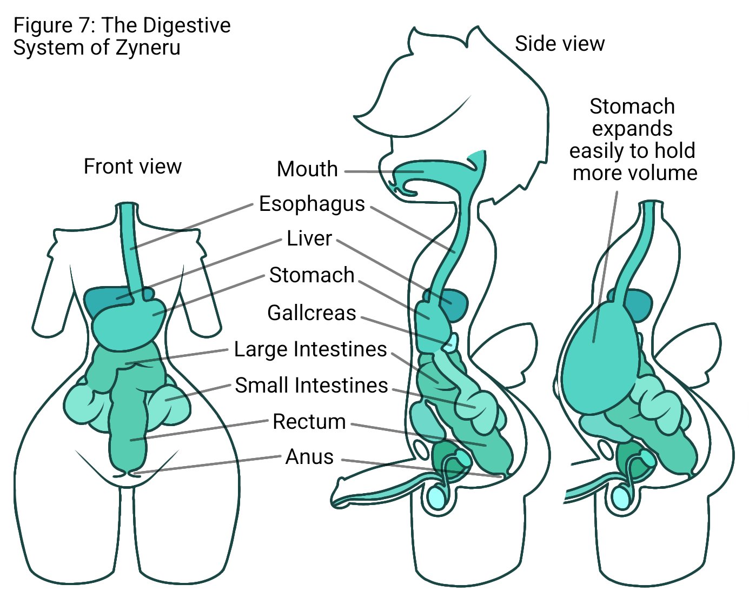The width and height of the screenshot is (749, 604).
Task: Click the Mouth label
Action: pyautogui.click(x=307, y=169)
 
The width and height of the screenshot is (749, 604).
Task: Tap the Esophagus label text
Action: pyautogui.click(x=312, y=204)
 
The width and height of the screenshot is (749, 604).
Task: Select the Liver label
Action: pyautogui.click(x=309, y=238)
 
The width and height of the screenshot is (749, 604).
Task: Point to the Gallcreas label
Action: pyautogui.click(x=312, y=313)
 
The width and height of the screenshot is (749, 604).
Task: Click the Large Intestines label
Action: pyautogui.click(x=310, y=349)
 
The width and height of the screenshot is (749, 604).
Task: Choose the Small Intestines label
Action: pyautogui.click(x=311, y=386)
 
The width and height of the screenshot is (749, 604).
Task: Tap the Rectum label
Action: pyautogui.click(x=309, y=422)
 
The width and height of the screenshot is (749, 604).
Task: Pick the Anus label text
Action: pyautogui.click(x=309, y=457)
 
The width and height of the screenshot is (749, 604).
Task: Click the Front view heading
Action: pyautogui.click(x=132, y=167)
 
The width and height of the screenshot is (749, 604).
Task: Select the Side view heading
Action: pyautogui.click(x=559, y=44)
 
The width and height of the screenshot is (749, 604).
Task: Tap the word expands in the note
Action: pyautogui.click(x=632, y=129)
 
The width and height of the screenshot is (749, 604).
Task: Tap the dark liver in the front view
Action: pyautogui.click(x=100, y=300)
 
